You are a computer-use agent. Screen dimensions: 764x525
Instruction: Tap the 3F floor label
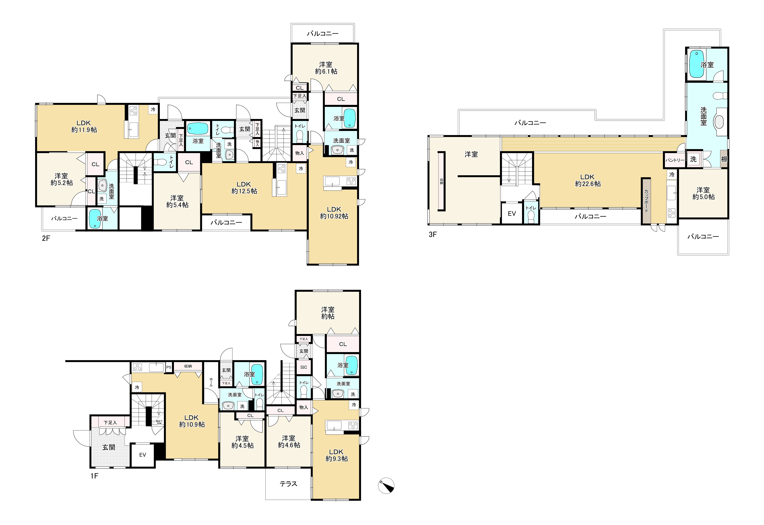(433, 234)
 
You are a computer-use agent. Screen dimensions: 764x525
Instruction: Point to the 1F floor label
(94, 476)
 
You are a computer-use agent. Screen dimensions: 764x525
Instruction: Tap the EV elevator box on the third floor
(512, 213)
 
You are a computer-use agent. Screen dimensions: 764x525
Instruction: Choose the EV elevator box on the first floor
(143, 455)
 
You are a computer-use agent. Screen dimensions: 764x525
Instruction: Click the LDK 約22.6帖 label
(588, 181)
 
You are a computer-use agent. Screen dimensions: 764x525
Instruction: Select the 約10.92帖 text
(334, 216)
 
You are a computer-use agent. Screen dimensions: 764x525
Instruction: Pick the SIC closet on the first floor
(304, 367)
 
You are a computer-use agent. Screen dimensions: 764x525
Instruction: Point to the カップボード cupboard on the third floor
(646, 201)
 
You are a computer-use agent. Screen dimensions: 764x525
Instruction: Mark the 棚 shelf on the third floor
(724, 159)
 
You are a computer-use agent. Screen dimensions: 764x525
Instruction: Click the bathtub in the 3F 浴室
(697, 64)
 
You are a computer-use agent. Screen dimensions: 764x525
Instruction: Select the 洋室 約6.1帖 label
(326, 68)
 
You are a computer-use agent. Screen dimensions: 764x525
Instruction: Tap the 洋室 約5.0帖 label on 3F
(703, 193)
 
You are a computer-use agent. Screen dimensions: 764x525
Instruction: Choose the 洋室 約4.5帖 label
(242, 442)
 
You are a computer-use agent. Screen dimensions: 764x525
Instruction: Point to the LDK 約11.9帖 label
(84, 126)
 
